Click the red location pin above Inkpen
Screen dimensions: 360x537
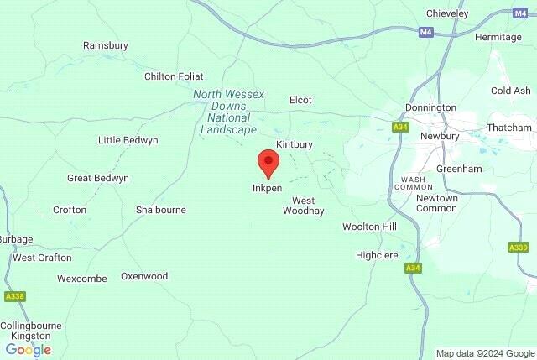click(268, 163)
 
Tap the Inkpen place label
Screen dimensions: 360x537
click(267, 188)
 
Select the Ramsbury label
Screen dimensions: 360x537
click(104, 45)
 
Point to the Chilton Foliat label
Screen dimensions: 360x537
click(174, 76)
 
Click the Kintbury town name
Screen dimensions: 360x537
click(294, 144)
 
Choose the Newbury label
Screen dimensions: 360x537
click(440, 136)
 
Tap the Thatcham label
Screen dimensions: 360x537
click(509, 128)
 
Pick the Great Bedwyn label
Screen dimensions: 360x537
click(98, 178)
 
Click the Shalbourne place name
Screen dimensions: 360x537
click(161, 210)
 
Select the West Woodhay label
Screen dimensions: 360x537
click(303, 206)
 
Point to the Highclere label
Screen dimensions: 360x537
click(376, 254)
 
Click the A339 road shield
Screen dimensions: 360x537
click(519, 248)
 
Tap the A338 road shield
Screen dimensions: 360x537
click(14, 296)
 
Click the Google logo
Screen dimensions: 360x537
click(29, 349)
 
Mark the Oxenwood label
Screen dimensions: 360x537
click(144, 276)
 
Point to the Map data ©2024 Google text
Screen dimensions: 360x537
click(484, 353)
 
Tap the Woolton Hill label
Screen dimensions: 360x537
click(369, 227)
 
